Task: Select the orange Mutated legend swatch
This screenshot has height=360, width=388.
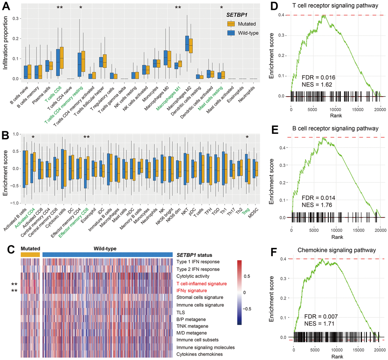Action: (232, 24)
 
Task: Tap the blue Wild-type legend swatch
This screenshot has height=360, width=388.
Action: (232, 33)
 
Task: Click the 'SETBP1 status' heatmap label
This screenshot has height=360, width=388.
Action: (194, 254)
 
